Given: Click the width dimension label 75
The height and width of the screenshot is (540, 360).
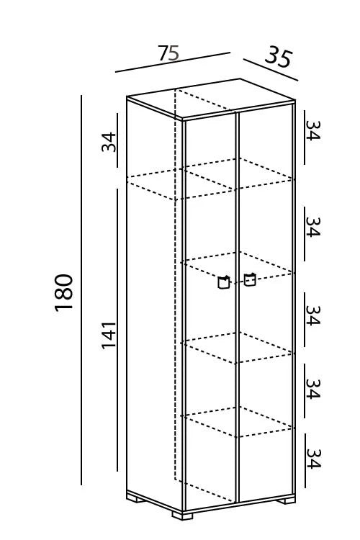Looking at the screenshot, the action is click(168, 53).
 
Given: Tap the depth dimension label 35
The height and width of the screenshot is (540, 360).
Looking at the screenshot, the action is click(279, 57).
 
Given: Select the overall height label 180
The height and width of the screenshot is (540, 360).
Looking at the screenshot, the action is click(64, 293).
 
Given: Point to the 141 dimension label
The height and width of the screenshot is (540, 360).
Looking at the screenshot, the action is click(109, 336).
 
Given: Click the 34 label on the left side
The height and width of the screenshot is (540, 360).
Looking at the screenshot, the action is click(109, 142).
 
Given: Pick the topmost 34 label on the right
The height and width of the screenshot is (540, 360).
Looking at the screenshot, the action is click(313, 130).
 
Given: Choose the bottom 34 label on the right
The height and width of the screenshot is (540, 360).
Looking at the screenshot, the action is click(313, 459).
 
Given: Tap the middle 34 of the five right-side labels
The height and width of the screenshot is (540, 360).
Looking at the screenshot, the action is click(313, 315).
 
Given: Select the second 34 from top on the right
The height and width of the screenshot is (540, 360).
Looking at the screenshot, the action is click(313, 227).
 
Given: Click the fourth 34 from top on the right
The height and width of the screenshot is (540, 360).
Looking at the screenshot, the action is click(313, 389).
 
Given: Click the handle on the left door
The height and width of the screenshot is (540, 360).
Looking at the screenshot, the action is click(224, 282).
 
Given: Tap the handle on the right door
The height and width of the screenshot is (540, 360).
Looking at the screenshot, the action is click(250, 279).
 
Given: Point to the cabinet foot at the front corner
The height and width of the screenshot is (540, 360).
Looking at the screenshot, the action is click(182, 515).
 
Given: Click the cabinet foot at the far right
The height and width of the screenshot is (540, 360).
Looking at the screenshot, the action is click(286, 500).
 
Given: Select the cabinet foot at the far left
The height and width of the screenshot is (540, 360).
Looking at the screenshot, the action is click(136, 498).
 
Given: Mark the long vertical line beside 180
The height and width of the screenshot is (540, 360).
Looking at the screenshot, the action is click(81, 290).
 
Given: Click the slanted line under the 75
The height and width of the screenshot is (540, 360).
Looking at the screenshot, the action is click(173, 63).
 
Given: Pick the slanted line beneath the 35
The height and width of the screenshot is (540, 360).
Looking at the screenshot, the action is click(271, 70).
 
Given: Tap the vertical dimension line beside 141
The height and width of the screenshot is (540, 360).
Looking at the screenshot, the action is click(117, 330).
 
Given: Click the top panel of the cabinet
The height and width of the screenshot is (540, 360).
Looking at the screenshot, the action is click(211, 99).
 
